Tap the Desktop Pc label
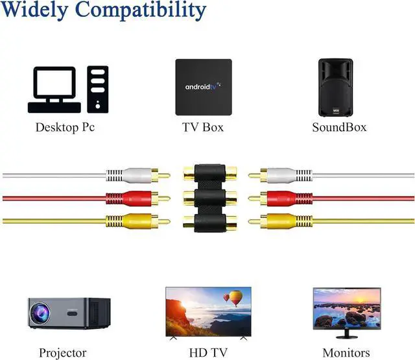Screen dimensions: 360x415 point(65,127)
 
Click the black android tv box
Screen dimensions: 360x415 point(203,87)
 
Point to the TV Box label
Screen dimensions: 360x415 point(203,127)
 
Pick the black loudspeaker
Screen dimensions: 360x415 point(335,87)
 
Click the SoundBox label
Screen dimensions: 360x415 point(339,127)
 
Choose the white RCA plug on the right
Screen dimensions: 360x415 point(280,175)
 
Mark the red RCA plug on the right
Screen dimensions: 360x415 point(280,197)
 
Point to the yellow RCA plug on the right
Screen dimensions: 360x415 point(280,221)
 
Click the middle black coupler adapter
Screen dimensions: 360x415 point(209,197)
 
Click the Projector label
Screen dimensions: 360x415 point(62,354)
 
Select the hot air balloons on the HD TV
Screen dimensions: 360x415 point(233,298)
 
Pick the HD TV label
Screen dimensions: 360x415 point(207,354)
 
